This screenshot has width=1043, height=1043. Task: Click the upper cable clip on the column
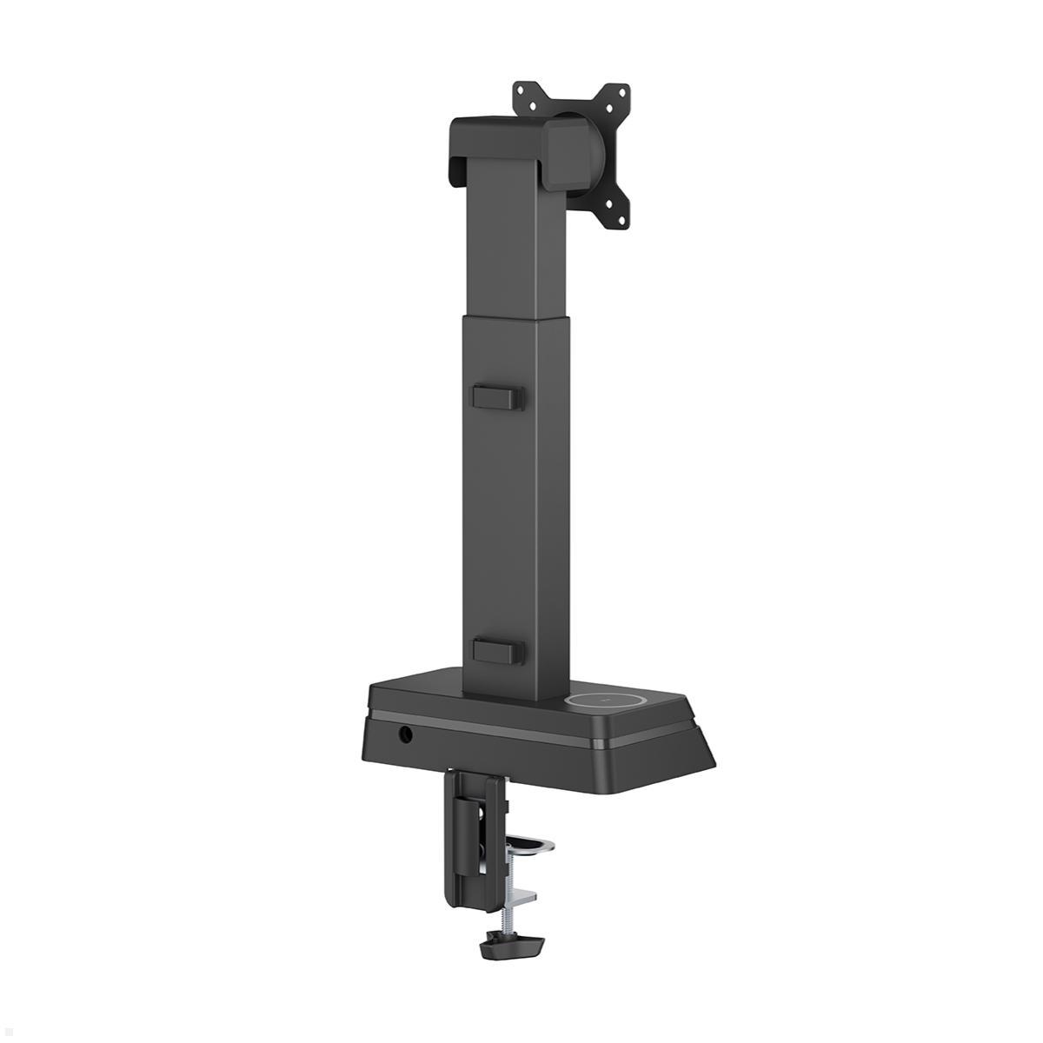click(x=497, y=396)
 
